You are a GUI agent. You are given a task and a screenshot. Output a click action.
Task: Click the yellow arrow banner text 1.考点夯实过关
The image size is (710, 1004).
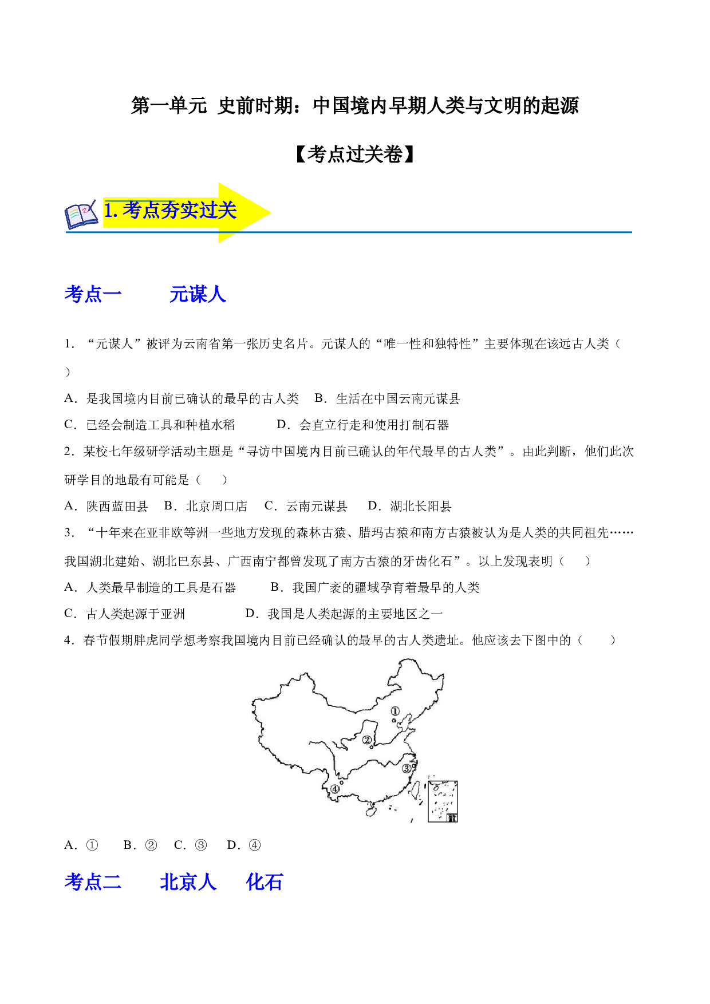point(170,211)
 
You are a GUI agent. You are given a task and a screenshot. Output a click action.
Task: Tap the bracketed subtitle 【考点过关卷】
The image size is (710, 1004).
point(355,154)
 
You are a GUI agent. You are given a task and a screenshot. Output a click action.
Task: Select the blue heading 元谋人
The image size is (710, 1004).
point(198,294)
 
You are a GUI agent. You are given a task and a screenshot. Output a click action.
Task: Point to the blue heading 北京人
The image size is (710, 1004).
point(188,882)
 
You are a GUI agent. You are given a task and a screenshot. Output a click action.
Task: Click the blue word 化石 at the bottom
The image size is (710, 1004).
point(265,882)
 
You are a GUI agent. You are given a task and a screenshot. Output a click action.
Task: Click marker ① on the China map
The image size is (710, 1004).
point(395,711)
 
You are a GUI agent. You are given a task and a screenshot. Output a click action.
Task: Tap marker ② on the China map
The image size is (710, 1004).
point(367,740)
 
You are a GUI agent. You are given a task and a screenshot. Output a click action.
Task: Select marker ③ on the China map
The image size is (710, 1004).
point(407,768)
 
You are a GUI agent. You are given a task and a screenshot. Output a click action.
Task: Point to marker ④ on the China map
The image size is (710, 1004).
point(335,789)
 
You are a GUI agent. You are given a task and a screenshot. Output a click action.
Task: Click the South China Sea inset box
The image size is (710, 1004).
point(443,801)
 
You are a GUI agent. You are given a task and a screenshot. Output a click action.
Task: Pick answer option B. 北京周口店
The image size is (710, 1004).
point(206,506)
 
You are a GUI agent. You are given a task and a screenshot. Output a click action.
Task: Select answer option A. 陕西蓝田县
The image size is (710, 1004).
point(106,506)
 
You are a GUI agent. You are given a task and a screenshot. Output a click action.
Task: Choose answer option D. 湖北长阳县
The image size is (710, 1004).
point(409,506)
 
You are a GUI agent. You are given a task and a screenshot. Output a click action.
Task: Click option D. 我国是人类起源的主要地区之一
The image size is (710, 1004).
point(344,614)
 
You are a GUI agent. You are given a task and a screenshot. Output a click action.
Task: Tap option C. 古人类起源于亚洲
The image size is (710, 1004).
point(125,614)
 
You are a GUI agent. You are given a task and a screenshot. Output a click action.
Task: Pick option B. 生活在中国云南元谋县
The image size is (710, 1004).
point(388,398)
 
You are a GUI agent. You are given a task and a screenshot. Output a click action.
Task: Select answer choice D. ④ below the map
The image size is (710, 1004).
point(244,845)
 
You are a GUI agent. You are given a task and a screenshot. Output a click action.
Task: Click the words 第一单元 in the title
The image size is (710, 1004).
point(169,106)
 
